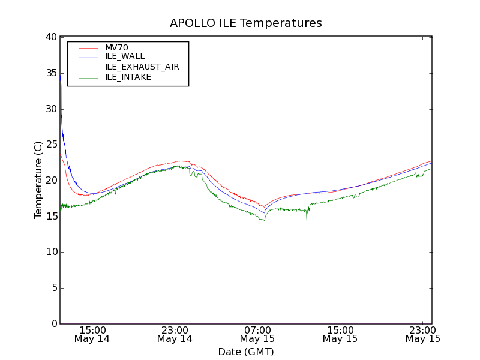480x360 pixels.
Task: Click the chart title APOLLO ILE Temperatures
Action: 246,23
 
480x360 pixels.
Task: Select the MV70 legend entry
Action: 116,47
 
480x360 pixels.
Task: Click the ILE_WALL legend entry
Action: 125,56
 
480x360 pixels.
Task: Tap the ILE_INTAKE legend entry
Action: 128,77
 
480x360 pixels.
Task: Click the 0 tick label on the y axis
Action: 53,323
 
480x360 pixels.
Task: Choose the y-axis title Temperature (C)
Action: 38,180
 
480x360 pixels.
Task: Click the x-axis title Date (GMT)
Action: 246,352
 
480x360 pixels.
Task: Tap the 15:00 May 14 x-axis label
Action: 92,334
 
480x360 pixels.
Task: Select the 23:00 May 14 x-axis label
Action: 175,334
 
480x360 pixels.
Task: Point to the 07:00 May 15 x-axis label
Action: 257,334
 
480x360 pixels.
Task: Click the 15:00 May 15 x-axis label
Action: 340,334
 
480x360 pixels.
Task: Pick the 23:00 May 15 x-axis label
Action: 423,334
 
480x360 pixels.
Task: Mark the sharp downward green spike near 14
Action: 307,220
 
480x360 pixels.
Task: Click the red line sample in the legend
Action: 88,47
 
